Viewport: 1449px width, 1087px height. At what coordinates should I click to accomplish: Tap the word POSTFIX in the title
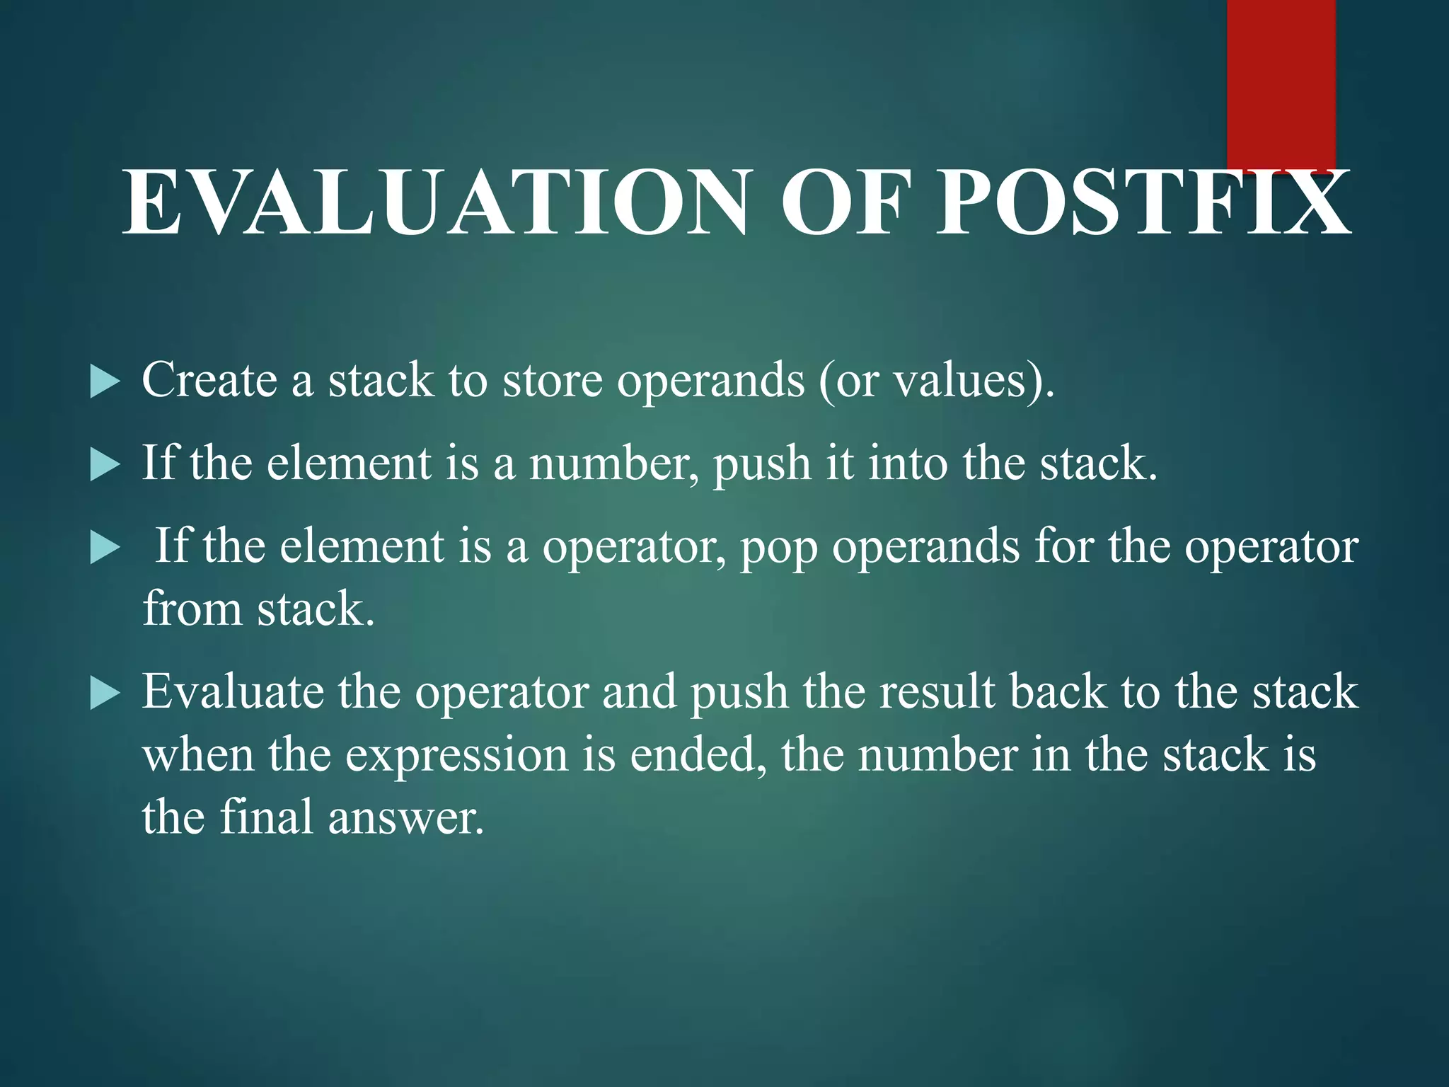(x=1143, y=203)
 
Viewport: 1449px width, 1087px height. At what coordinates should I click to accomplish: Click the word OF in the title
(x=842, y=203)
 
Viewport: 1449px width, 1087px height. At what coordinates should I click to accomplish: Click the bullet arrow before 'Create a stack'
(x=105, y=382)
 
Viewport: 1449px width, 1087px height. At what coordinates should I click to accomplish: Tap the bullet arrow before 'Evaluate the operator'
(x=105, y=694)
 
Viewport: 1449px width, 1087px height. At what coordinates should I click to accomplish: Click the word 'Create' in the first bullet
(x=209, y=381)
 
